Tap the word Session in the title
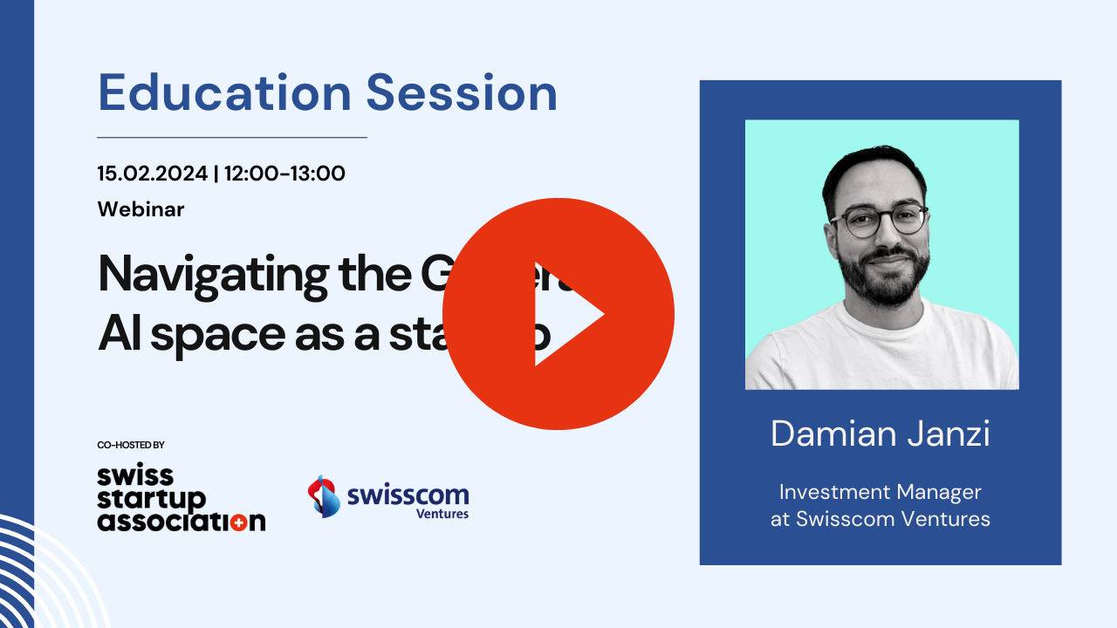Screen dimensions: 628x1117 tap(462, 92)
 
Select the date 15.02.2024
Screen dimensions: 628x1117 tap(153, 174)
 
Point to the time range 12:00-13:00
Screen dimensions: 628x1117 tap(284, 174)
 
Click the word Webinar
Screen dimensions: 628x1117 tap(140, 209)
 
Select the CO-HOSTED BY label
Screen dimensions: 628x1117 tap(131, 445)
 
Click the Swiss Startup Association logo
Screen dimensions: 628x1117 tap(181, 499)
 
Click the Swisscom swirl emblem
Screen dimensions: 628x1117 tap(324, 496)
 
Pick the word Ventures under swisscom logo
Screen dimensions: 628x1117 tap(442, 514)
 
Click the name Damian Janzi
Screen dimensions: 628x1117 tap(880, 433)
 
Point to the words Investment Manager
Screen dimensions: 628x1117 tap(880, 492)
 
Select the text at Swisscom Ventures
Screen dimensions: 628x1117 tap(880, 520)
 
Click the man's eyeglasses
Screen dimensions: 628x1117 tap(879, 218)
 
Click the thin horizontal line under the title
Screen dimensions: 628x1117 tap(231, 137)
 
